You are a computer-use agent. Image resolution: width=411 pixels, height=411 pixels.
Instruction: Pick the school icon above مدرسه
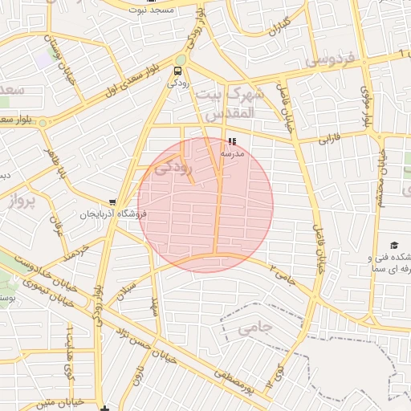(x=233, y=140)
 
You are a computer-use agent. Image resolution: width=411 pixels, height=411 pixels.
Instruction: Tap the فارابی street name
(x=331, y=139)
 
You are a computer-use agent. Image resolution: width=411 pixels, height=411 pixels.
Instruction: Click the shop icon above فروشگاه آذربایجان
(x=113, y=203)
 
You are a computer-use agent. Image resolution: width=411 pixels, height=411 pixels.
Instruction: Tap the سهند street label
(x=156, y=305)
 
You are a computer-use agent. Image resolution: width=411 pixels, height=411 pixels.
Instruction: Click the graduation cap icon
(x=393, y=245)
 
